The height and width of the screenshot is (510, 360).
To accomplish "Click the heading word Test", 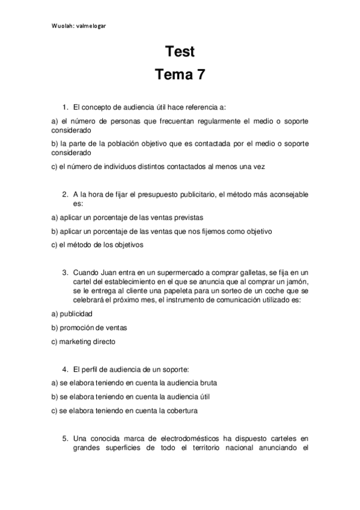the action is (180, 52).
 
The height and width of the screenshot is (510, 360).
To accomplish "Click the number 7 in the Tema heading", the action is (200, 75).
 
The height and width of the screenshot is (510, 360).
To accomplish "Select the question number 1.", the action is (65, 107).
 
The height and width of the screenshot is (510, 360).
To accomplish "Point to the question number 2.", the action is (65, 195).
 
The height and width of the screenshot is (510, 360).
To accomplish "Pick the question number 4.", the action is (65, 368).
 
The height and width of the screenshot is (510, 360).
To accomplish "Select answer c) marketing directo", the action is (83, 342).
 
